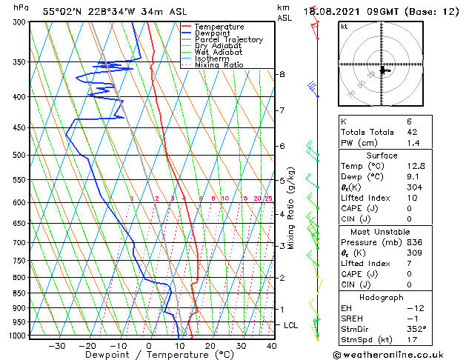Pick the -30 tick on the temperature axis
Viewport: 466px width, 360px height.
56,346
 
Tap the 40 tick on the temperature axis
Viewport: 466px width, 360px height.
272,346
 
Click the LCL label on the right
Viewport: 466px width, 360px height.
291,325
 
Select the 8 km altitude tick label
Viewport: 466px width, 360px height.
282,75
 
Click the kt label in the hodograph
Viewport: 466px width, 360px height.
344,27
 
